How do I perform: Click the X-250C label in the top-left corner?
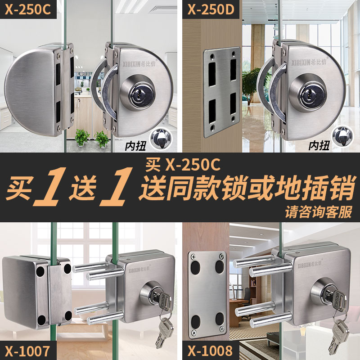pyautogui.click(x=28, y=10)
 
